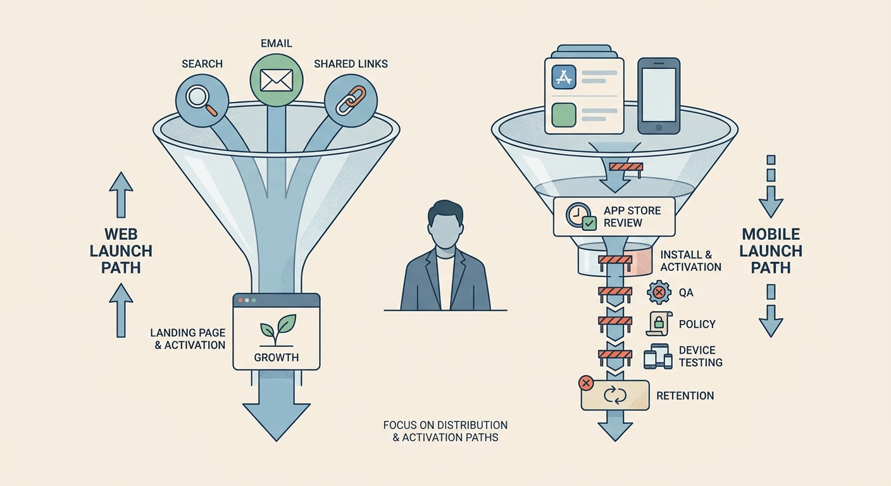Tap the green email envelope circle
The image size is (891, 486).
point(277,80)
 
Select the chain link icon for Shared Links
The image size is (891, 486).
point(351,100)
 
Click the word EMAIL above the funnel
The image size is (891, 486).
point(277,44)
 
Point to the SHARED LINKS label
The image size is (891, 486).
point(351,64)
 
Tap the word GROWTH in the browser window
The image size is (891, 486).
point(277,358)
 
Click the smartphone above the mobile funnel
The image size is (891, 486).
point(659,96)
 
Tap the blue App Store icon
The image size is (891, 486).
point(564,77)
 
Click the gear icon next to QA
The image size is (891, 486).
point(659,293)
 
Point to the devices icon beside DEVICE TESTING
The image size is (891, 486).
point(658,356)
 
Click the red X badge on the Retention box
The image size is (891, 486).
point(585,383)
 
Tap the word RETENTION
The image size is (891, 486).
point(685,396)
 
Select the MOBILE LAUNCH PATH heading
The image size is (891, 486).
point(771,251)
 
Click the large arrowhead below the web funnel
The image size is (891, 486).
point(277,421)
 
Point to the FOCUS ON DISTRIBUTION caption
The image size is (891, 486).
point(445,425)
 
